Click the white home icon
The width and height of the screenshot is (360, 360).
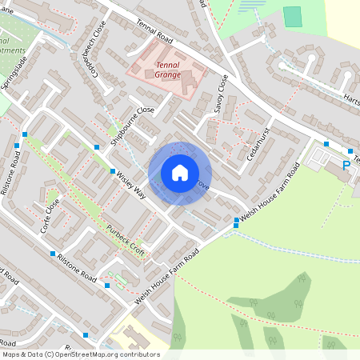click(180, 173)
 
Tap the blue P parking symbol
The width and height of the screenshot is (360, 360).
click(346, 166)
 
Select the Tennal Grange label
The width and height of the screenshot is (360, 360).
click(168, 70)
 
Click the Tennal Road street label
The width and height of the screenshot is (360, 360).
click(155, 33)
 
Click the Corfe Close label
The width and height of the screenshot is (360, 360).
click(51, 215)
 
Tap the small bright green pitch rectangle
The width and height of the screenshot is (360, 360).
click(293, 16)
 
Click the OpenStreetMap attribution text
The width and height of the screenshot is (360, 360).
click(80, 354)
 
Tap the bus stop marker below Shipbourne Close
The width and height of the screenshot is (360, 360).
click(97, 147)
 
